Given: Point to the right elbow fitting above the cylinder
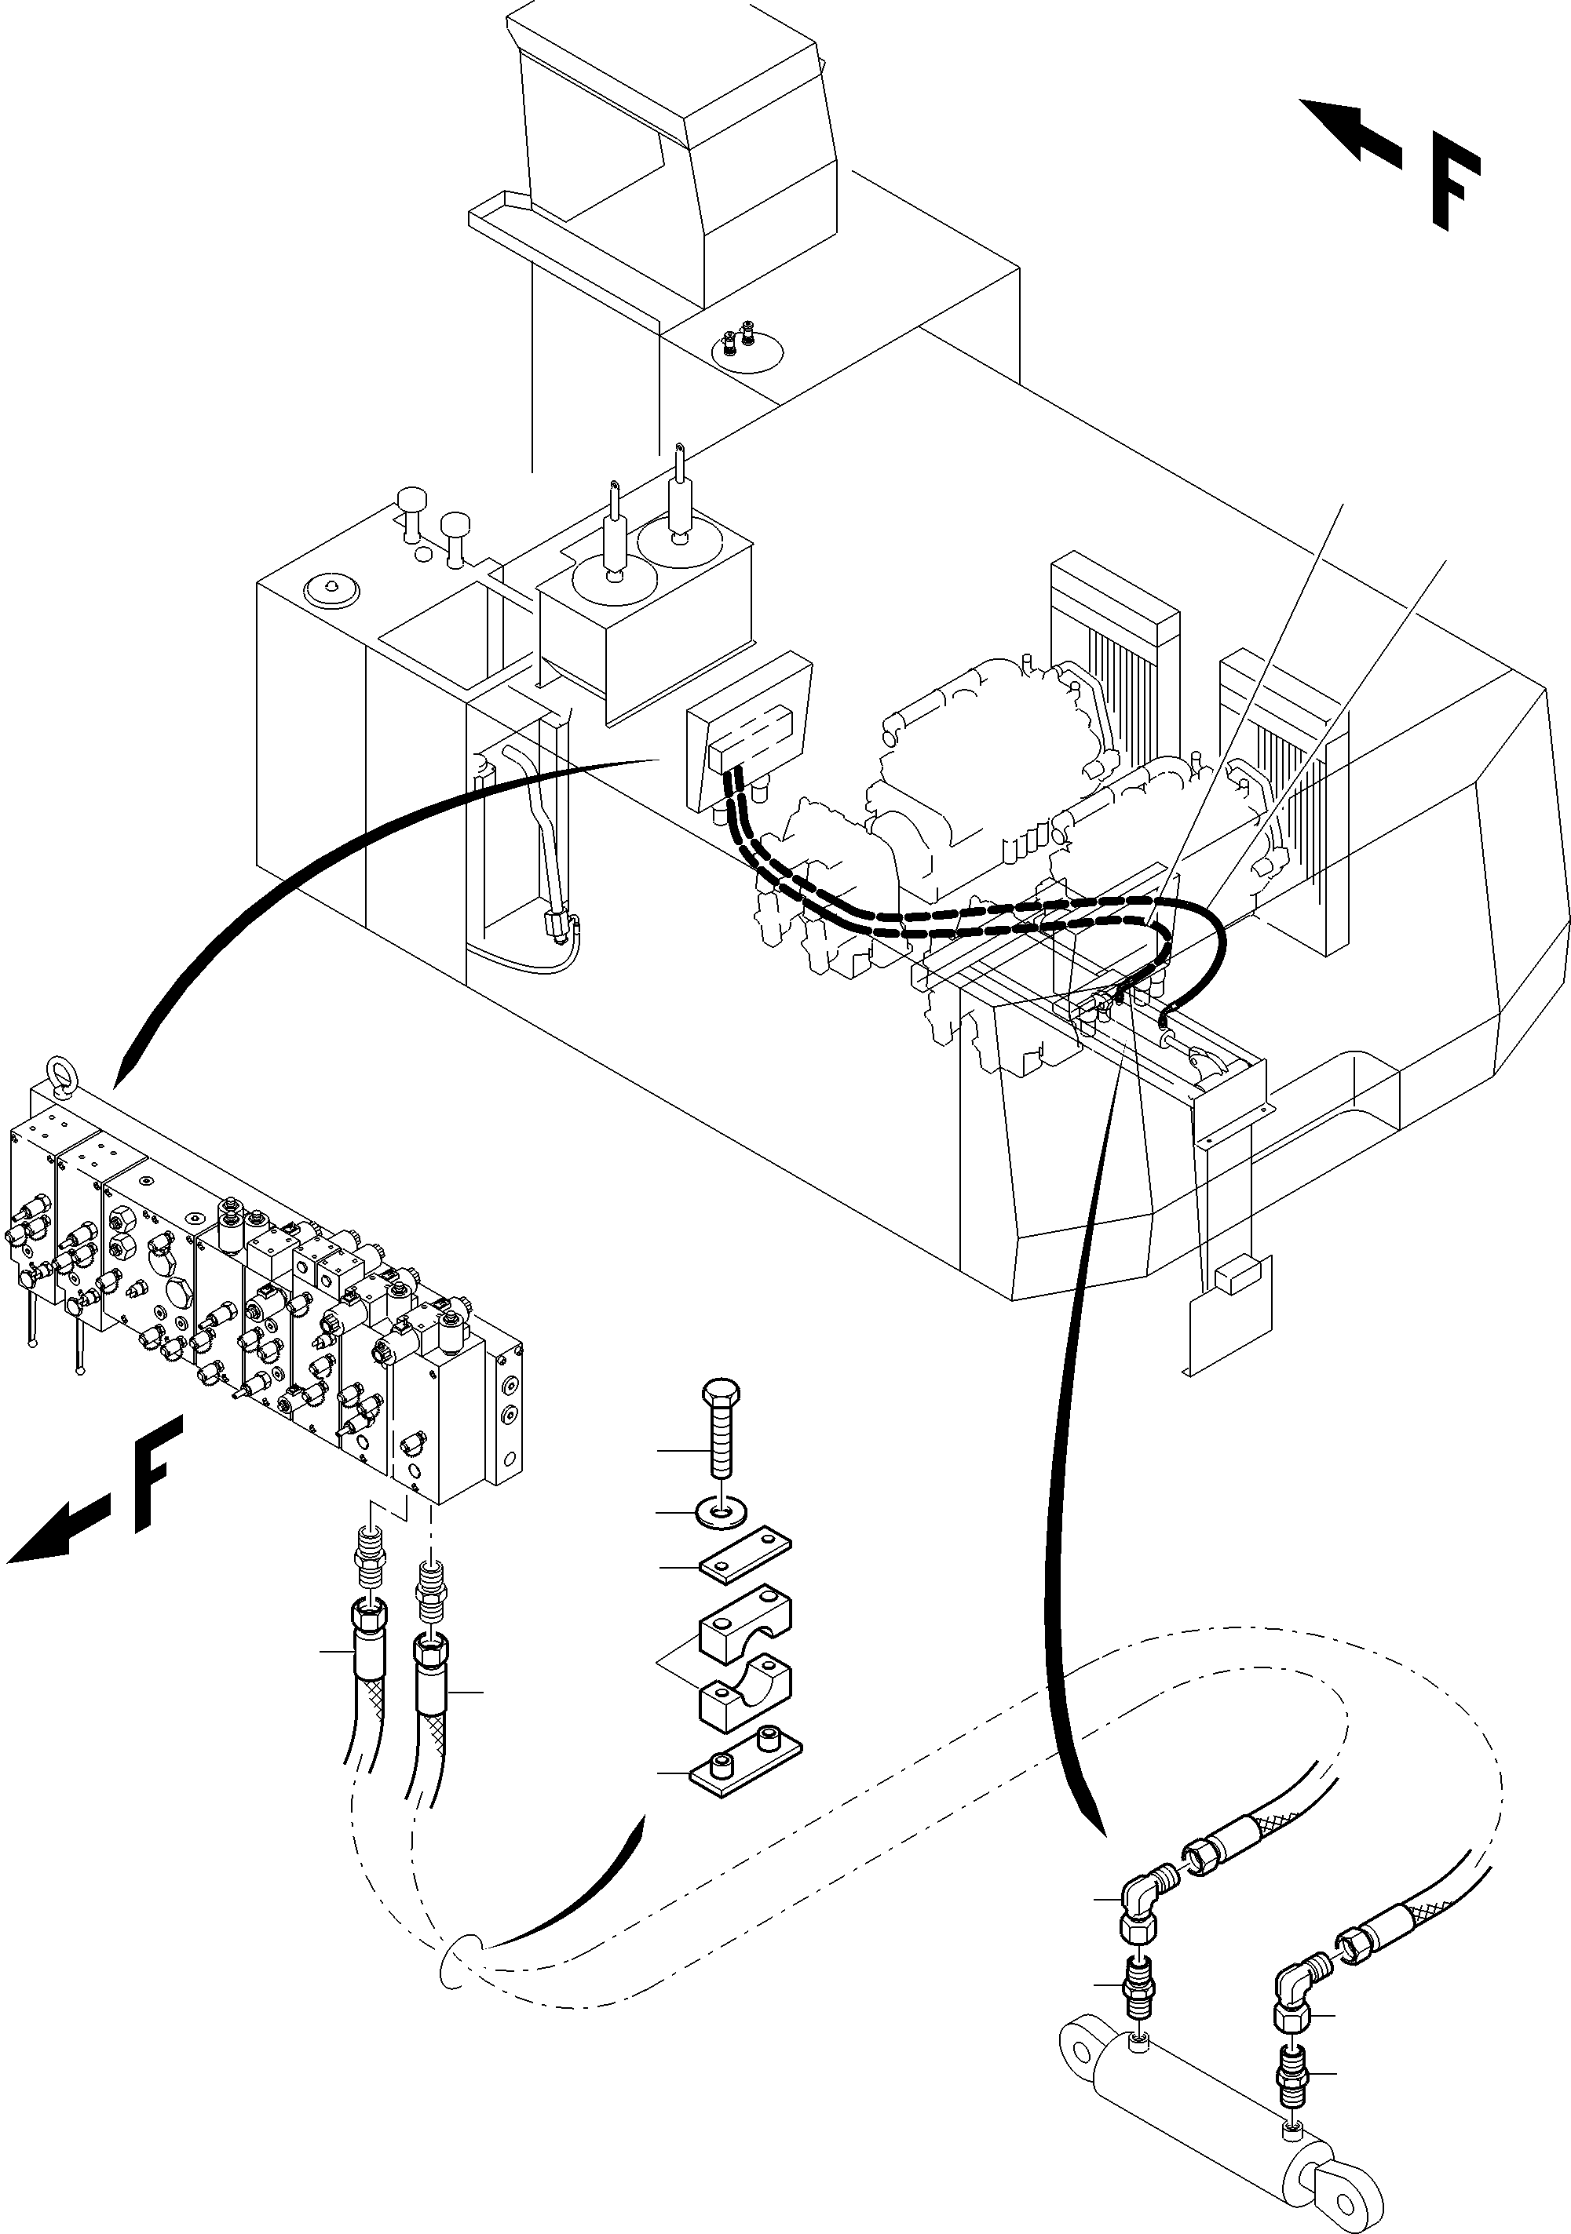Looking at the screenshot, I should click(x=1295, y=1978).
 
